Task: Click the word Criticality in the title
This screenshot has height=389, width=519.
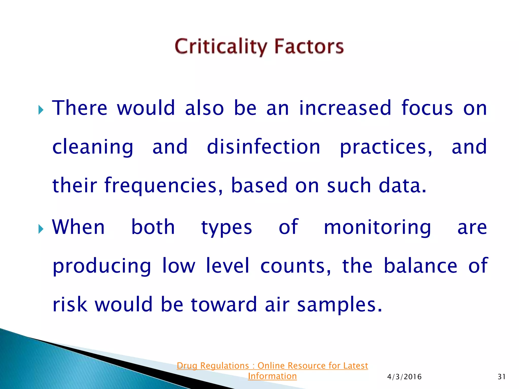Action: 221,47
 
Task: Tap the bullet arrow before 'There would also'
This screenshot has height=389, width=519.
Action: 41,110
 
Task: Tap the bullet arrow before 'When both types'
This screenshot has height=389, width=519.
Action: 41,229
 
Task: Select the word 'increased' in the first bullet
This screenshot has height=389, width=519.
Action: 345,108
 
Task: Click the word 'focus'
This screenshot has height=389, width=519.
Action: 427,108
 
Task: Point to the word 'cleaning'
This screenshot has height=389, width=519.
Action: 93,148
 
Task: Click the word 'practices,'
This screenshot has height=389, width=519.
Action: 386,148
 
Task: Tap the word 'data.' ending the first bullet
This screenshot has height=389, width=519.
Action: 402,186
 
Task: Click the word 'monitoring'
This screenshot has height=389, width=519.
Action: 377,228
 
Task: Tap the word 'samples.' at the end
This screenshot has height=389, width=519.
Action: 339,305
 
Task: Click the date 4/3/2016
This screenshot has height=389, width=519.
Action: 404,377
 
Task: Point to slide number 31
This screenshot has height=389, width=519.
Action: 502,377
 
